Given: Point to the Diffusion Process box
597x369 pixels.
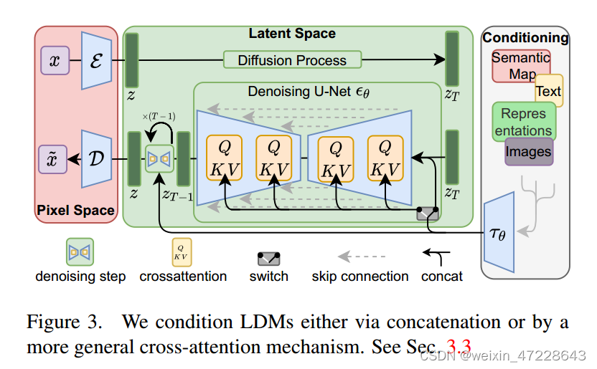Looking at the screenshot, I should (292, 60).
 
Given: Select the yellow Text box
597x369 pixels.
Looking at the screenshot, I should (549, 91).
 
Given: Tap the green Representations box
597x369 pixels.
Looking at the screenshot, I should (523, 121).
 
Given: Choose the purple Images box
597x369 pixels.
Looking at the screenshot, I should (529, 151).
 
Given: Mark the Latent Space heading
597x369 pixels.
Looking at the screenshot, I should (292, 34).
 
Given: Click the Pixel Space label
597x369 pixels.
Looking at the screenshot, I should (75, 210).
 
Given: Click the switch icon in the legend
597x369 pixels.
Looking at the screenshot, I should (269, 259).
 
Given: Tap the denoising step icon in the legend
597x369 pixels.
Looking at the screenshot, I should (80, 252).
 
